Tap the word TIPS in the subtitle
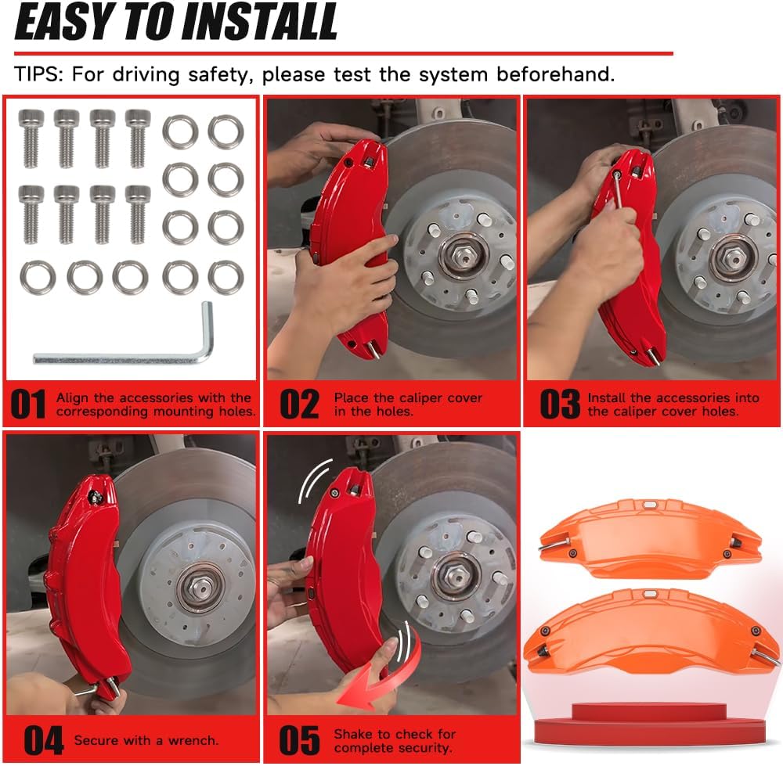[x=40, y=76]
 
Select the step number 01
[x=29, y=404]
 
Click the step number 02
[x=299, y=404]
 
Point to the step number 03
[x=560, y=404]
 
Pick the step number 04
[x=43, y=739]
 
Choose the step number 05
[x=299, y=739]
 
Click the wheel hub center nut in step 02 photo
[x=464, y=257]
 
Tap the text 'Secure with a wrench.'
[x=146, y=739]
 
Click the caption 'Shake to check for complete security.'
[x=394, y=740]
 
